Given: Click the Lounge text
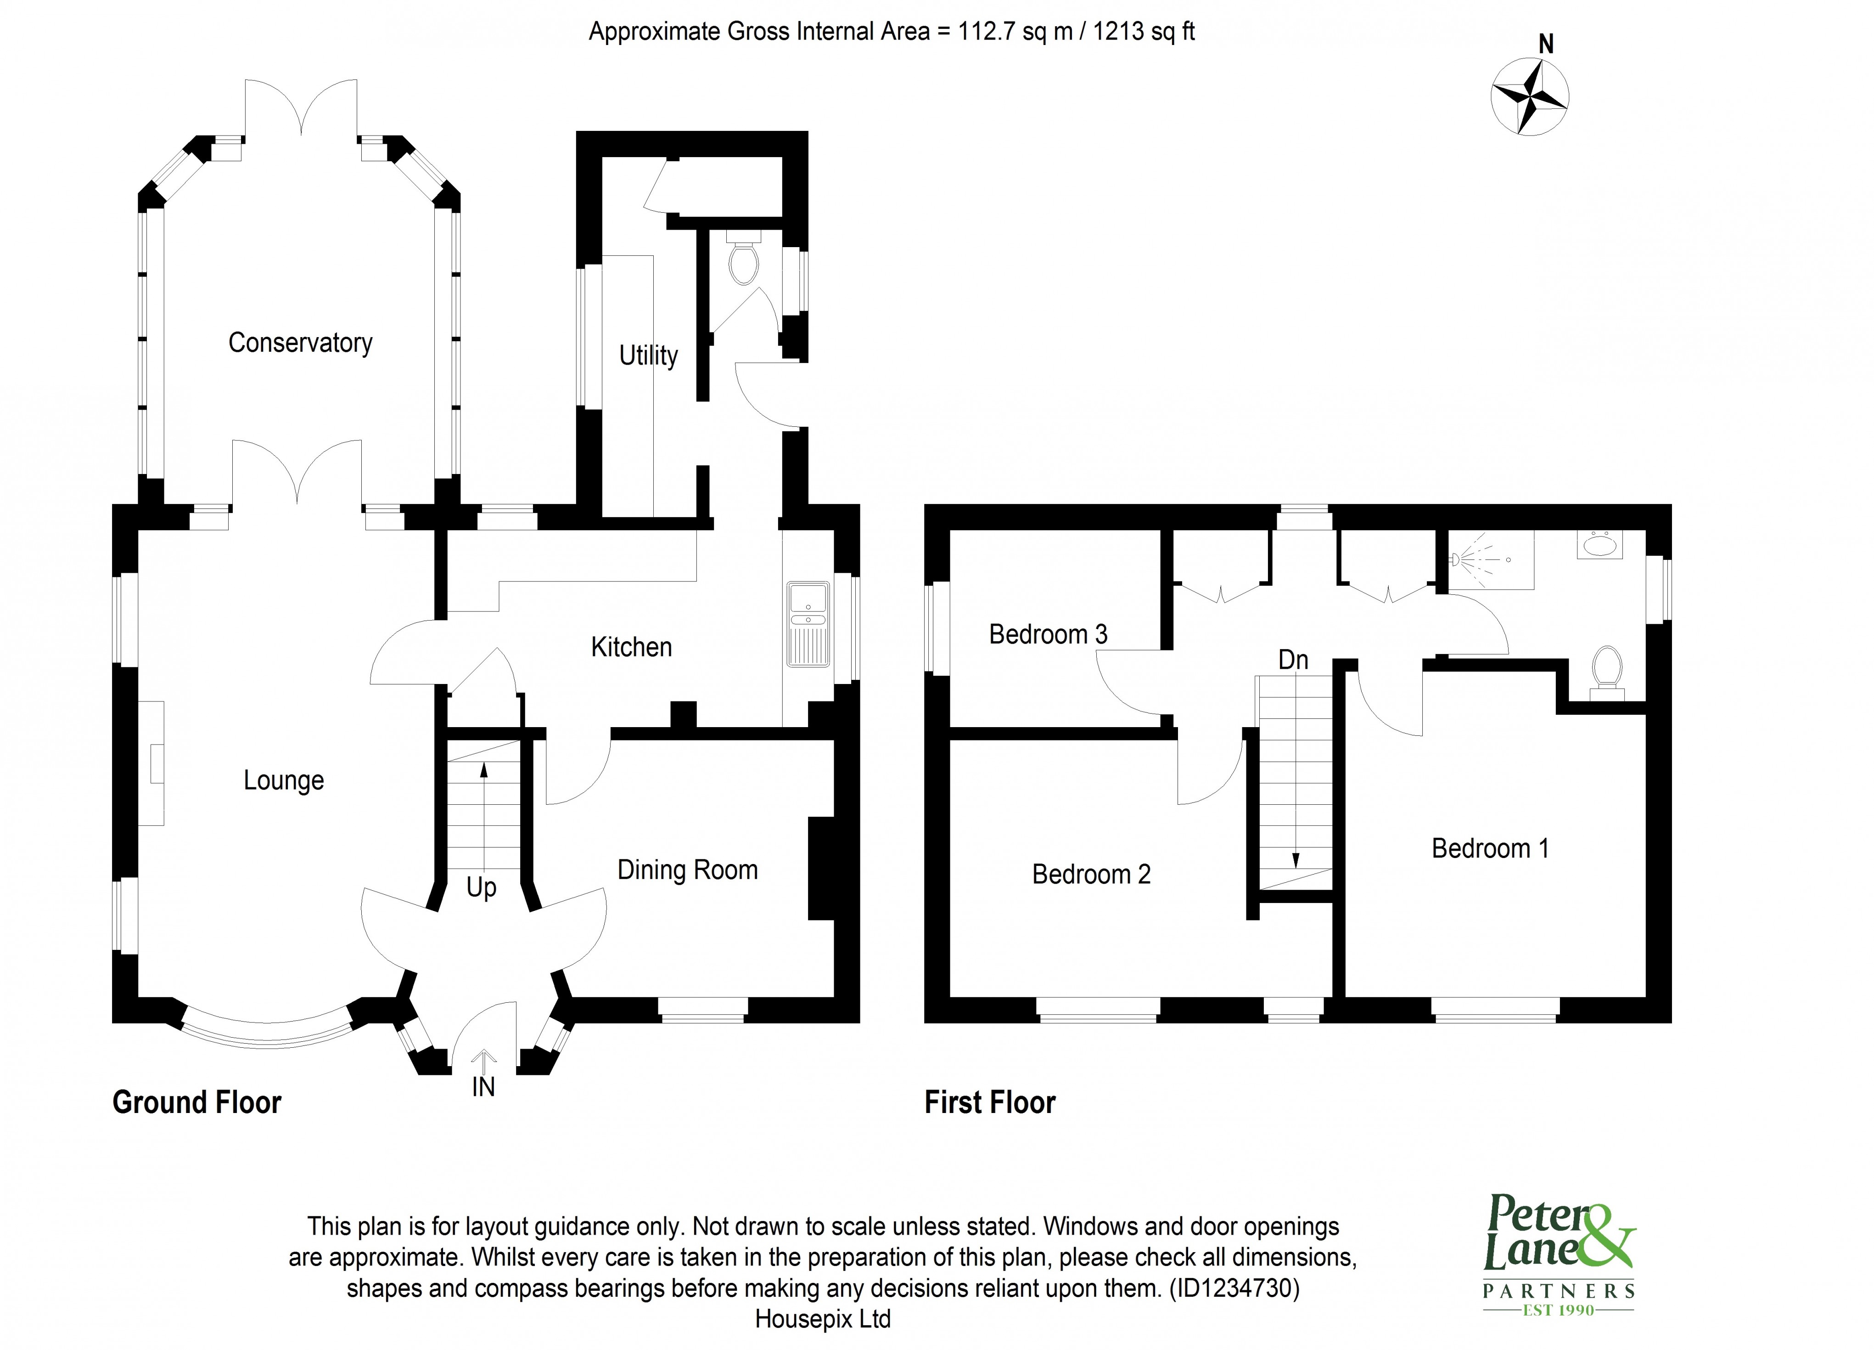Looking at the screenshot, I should [x=283, y=780].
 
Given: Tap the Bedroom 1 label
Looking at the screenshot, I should [x=1490, y=848].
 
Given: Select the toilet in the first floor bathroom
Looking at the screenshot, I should [x=1607, y=668].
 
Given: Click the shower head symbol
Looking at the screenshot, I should [x=1459, y=559].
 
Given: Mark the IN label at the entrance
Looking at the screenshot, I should [x=483, y=1087].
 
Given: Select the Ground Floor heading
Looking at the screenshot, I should [x=196, y=1103].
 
